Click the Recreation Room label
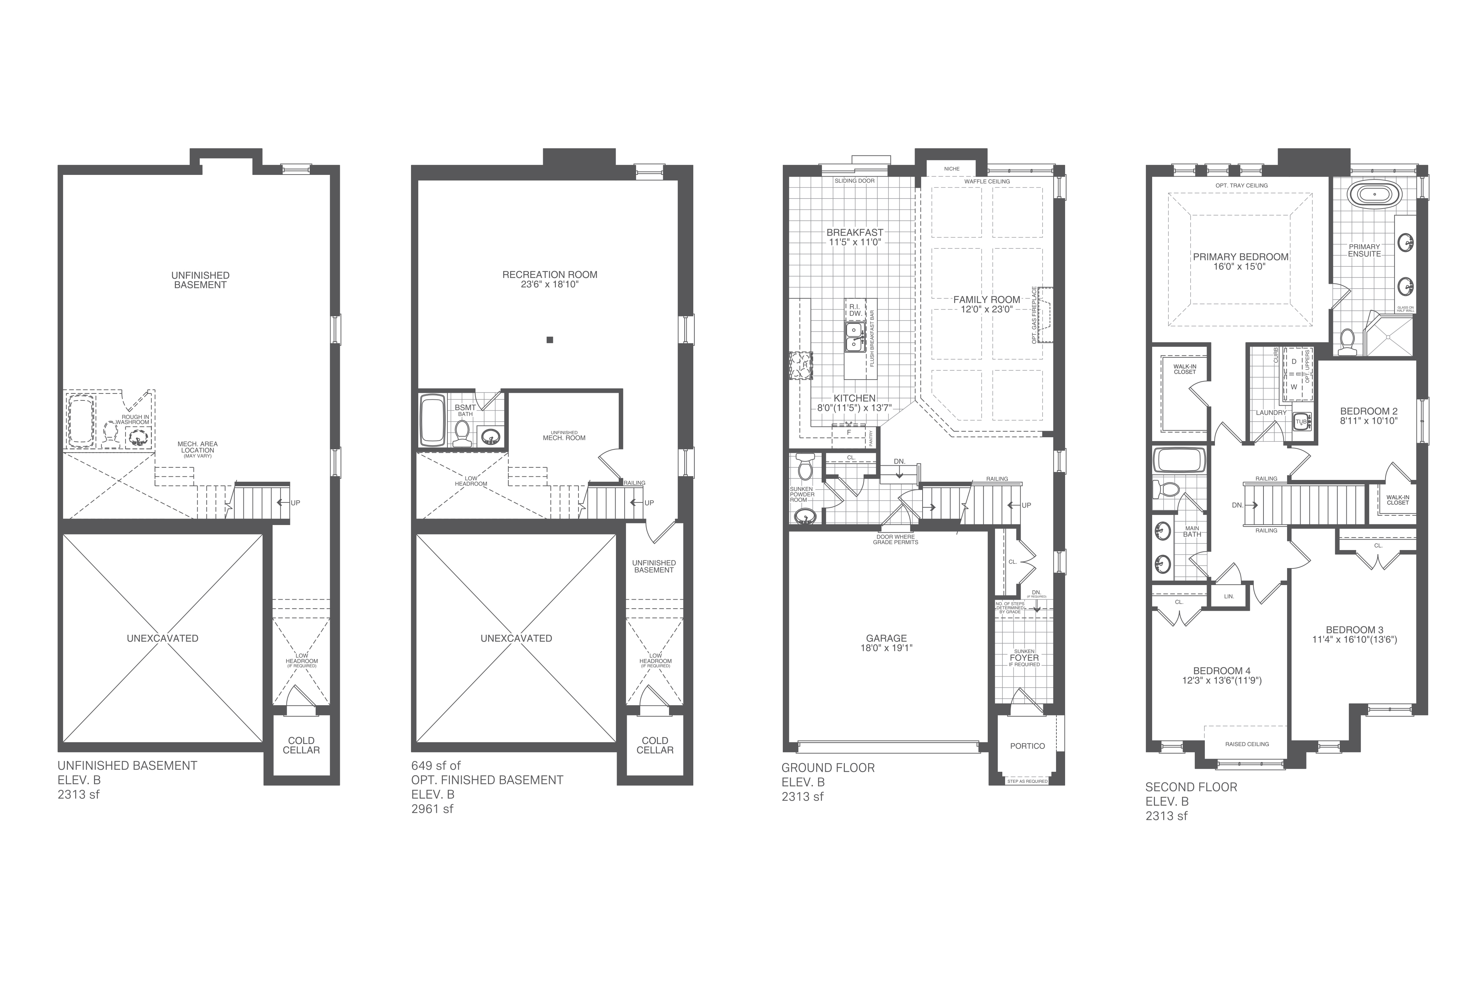click(550, 274)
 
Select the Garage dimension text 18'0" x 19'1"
click(886, 648)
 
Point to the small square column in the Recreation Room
click(550, 340)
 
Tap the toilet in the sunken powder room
click(805, 467)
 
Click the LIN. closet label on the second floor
click(1229, 596)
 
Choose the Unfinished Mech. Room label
click(564, 435)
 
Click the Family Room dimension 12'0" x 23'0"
click(987, 309)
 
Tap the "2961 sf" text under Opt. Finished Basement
click(432, 809)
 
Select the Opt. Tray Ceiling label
click(1241, 185)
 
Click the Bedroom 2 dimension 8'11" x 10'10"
click(1369, 420)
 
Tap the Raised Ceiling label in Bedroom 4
click(1247, 744)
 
